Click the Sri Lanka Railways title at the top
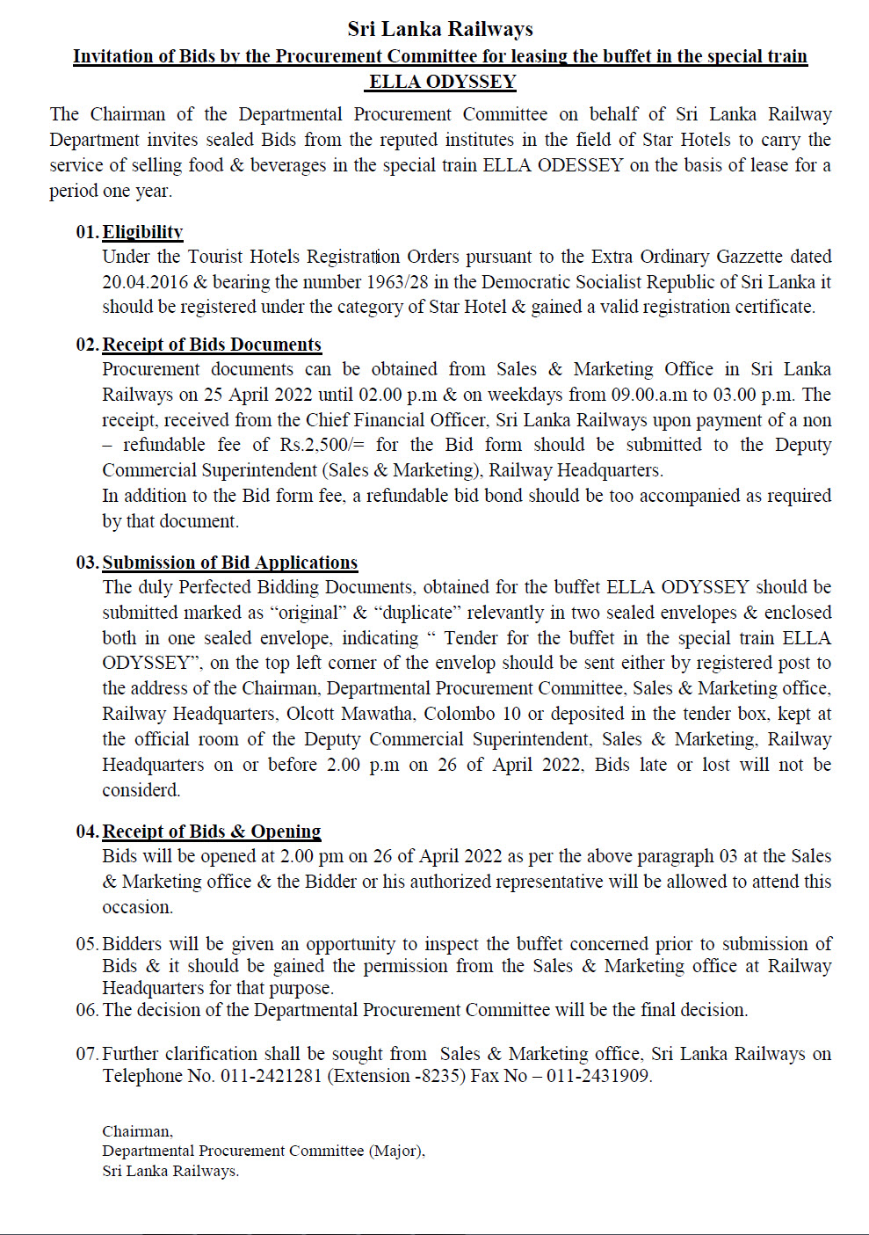pos(440,29)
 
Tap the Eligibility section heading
pos(142,232)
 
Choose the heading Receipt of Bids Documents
pos(212,345)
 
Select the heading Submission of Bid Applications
pos(230,563)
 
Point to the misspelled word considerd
pos(141,790)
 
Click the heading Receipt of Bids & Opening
pos(212,832)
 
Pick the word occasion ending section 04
pos(137,907)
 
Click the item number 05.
pos(87,944)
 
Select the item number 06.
pos(87,1010)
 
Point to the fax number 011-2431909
pos(597,1076)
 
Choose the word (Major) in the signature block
pos(396,1151)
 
